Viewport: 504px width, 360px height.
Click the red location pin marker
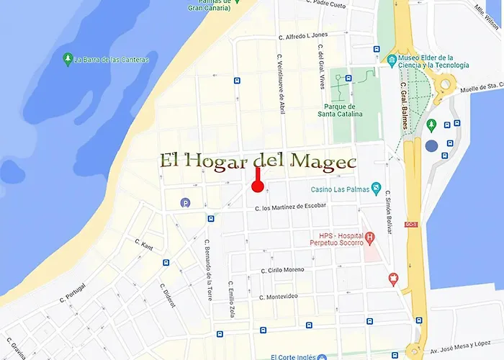click(258, 186)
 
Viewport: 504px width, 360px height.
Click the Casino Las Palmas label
click(339, 189)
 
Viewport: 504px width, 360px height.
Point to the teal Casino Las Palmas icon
click(377, 189)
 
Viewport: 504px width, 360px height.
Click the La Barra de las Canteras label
click(112, 60)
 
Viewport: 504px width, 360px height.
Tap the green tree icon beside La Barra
click(67, 58)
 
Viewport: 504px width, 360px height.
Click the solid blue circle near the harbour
click(431, 145)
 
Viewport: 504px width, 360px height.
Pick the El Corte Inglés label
click(297, 356)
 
